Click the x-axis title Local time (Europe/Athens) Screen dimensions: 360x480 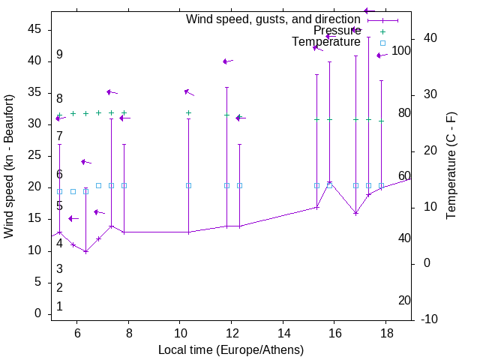[x=231, y=350]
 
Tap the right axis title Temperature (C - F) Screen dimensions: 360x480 [x=451, y=166]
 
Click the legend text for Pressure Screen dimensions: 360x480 [x=337, y=31]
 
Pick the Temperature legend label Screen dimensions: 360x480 [x=325, y=42]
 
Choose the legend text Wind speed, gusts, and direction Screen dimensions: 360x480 [x=273, y=19]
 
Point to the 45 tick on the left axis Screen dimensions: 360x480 [x=35, y=29]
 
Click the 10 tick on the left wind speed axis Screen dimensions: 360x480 [x=35, y=250]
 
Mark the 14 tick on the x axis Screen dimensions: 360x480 [x=283, y=333]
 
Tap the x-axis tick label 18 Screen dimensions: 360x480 [x=386, y=333]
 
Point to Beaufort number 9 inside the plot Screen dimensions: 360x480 [x=59, y=55]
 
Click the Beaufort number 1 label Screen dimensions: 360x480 [x=59, y=307]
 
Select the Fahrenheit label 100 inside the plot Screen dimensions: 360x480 [x=401, y=51]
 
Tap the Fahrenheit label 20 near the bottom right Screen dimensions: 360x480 [x=404, y=301]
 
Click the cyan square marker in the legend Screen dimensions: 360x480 [x=382, y=43]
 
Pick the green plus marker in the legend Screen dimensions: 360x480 [x=382, y=31]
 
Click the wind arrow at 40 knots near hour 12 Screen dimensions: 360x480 [x=226, y=61]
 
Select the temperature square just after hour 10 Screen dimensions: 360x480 [x=188, y=185]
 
